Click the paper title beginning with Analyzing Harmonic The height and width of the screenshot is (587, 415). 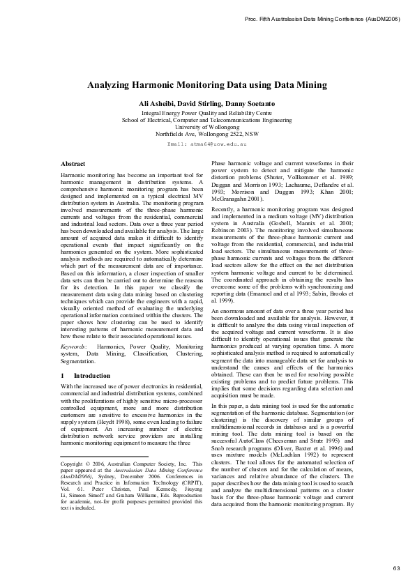(x=206, y=85)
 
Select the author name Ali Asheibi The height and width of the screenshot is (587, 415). (x=159, y=103)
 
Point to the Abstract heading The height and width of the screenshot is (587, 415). (x=73, y=164)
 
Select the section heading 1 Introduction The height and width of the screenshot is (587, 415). (x=81, y=375)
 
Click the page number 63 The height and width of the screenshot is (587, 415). (x=396, y=569)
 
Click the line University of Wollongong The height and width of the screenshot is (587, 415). (x=206, y=126)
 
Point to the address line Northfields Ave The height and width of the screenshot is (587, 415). (x=206, y=133)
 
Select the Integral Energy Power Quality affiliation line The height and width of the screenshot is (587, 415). (x=206, y=112)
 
